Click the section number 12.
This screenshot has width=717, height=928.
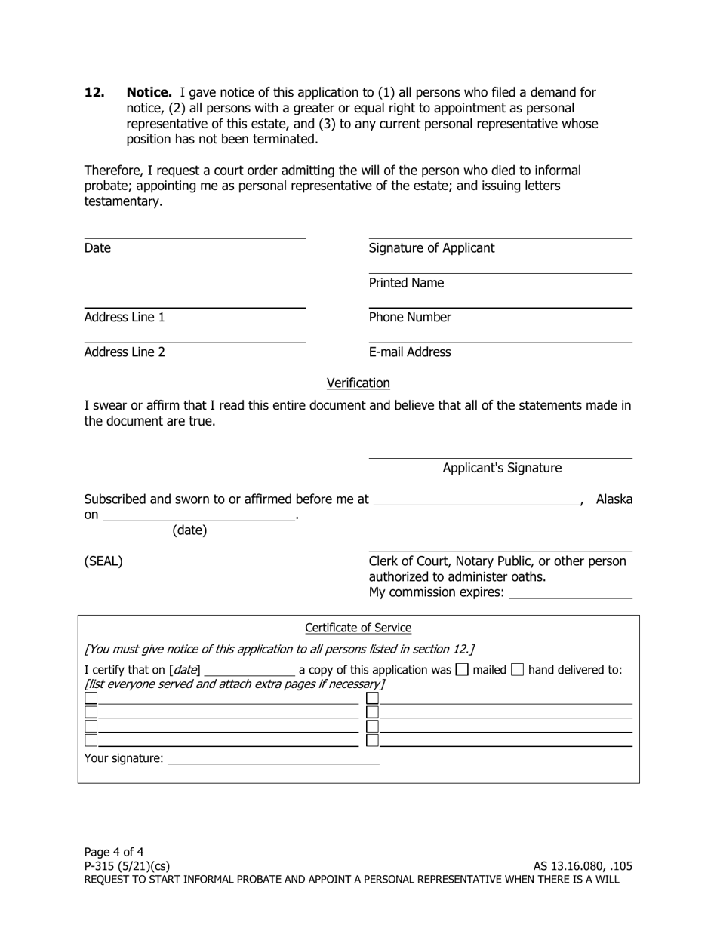[94, 93]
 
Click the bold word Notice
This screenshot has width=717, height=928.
[149, 93]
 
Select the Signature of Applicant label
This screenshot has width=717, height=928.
[432, 248]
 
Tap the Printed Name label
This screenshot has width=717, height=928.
[406, 283]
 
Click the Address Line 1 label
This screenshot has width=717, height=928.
[125, 318]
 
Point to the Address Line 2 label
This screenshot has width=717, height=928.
[125, 352]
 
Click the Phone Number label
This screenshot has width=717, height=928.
[410, 318]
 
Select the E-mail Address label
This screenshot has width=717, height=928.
[410, 352]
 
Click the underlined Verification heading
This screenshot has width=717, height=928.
[358, 383]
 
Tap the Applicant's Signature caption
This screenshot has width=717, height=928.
[502, 469]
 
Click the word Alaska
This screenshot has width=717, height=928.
[614, 499]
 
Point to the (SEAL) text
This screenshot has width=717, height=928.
[103, 561]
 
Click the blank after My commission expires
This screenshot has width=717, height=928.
[571, 592]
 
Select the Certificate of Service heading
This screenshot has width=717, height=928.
[358, 628]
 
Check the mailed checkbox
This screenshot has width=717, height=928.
[463, 670]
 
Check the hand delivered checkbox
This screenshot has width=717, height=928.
[517, 670]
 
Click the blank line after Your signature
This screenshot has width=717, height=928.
[273, 758]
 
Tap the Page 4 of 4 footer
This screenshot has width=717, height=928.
[114, 853]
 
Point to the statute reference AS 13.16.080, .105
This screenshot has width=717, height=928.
[583, 866]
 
